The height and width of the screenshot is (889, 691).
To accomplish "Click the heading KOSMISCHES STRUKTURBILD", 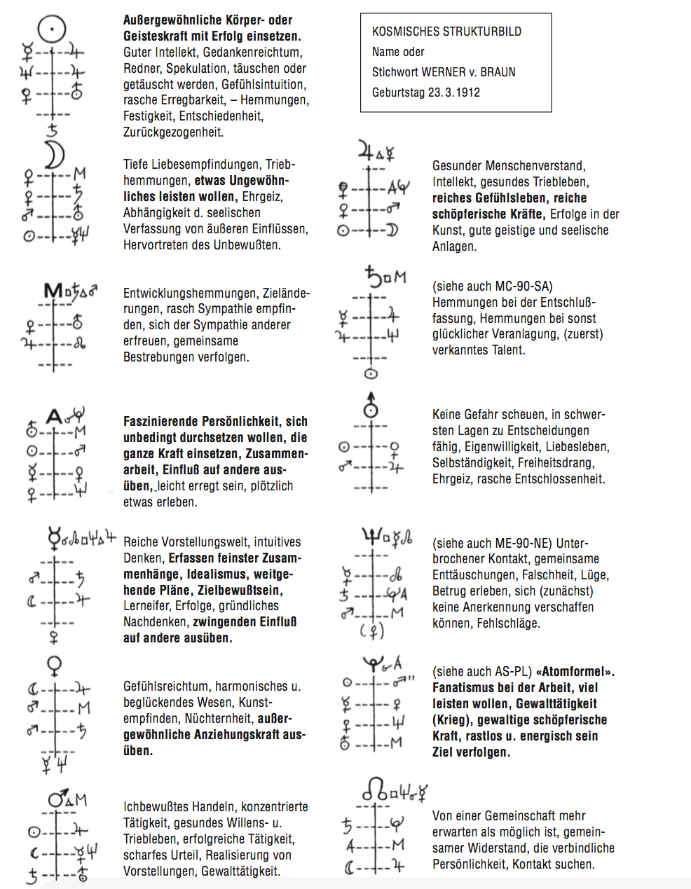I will coord(446,32).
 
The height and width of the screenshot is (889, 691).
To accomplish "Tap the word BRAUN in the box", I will coord(498,72).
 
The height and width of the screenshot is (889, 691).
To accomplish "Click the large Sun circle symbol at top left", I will coord(51,30).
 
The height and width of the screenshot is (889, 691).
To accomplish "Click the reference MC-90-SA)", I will coord(518,287).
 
